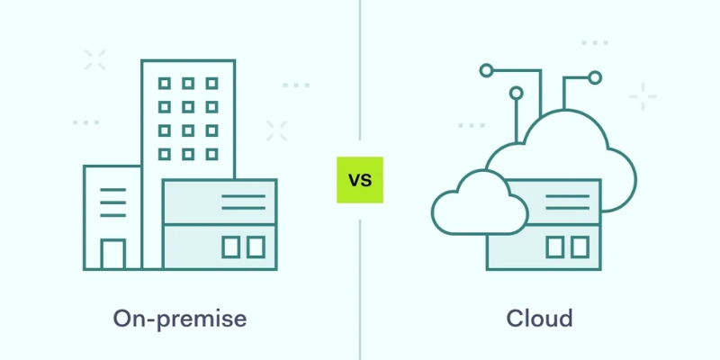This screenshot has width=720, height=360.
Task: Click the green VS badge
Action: click(360, 179)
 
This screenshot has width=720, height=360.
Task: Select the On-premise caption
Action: click(180, 319)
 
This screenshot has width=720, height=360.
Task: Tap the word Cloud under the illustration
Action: click(539, 319)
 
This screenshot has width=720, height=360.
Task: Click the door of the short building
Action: click(113, 254)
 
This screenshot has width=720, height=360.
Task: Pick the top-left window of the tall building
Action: click(165, 84)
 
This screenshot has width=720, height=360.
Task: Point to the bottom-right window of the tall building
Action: click(211, 153)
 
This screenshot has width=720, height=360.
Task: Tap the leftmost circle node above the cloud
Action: click(487, 69)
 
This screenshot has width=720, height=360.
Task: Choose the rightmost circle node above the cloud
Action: click(594, 77)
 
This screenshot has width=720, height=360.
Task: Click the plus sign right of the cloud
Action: click(643, 95)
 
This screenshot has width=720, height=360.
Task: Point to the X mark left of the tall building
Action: click(94, 60)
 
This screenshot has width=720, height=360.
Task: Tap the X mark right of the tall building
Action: click(276, 130)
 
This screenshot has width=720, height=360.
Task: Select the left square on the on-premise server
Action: click(232, 247)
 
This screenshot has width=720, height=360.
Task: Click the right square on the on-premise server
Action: click(256, 247)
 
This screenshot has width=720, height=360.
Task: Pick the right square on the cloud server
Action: click(580, 247)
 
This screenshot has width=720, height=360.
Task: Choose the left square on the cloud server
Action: click(555, 247)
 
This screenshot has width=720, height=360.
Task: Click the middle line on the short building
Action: click(112, 203)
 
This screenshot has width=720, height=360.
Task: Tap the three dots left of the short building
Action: click(85, 121)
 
